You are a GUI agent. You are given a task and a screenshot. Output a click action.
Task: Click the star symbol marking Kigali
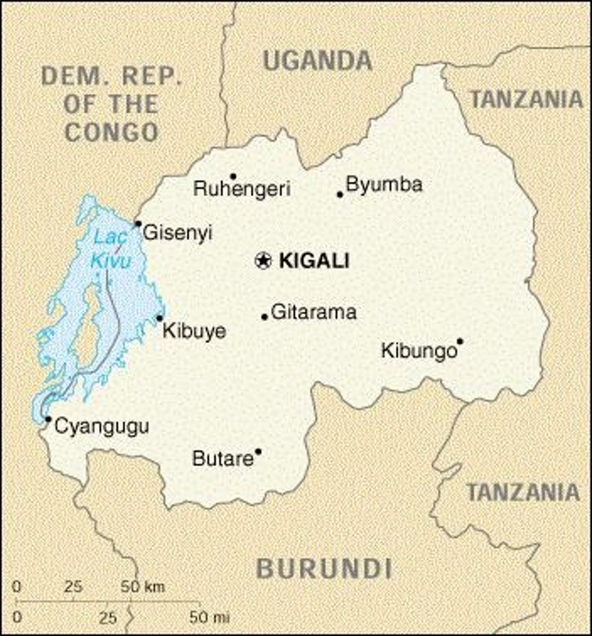263,260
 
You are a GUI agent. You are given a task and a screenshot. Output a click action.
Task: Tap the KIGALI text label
314,261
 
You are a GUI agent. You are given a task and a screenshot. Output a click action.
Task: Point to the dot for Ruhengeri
233,176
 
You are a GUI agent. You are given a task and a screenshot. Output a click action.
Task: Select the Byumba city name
384,184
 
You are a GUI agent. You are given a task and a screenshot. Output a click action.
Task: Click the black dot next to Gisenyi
138,224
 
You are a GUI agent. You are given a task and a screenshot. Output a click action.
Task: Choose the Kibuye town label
194,331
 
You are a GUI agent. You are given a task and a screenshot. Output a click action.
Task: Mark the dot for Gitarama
264,317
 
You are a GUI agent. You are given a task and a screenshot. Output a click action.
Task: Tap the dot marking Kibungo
460,341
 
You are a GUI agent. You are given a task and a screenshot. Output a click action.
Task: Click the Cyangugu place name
102,426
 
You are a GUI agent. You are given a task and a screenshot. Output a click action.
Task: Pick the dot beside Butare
258,452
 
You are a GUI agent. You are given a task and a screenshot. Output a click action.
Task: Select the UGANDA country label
317,61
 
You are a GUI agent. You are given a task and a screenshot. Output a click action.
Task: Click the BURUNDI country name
324,569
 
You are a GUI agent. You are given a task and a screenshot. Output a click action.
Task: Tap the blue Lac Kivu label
111,249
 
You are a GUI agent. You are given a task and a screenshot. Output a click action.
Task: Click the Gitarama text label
313,312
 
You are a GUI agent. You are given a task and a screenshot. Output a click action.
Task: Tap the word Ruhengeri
242,189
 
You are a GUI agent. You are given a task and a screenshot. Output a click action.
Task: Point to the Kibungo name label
419,351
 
